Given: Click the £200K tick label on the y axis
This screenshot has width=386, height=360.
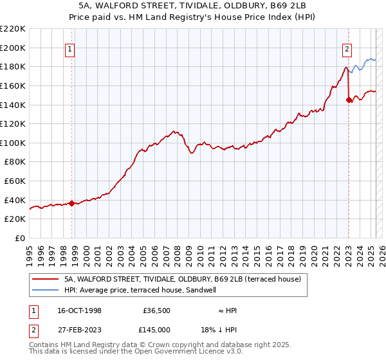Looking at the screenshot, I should (13, 48).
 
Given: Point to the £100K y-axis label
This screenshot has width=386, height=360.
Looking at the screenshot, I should (13, 143).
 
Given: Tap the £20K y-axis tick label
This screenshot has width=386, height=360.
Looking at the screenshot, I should (15, 219).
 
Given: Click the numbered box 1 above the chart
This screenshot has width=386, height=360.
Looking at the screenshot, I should (69, 48).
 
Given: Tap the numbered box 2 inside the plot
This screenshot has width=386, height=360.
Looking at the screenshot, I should (347, 48).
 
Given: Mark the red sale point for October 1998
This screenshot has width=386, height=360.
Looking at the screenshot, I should (71, 203).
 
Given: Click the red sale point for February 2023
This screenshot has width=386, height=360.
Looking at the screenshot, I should (349, 100).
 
